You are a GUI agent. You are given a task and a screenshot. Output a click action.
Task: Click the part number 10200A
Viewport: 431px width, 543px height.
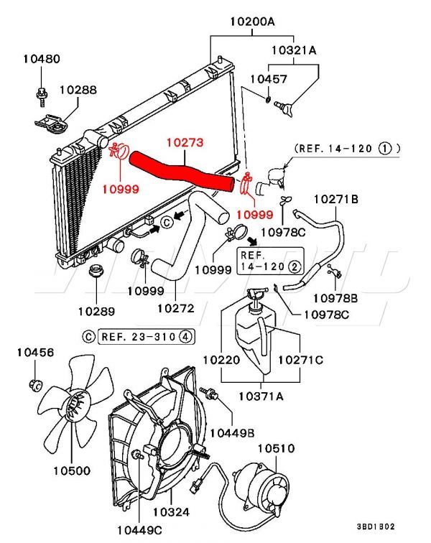pyautogui.click(x=251, y=22)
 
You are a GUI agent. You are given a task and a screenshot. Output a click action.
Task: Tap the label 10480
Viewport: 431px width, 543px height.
pyautogui.click(x=41, y=59)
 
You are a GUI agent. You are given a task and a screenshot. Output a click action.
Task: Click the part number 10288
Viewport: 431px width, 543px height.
pyautogui.click(x=78, y=90)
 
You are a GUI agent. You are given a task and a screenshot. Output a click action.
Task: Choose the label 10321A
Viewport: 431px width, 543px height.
pyautogui.click(x=294, y=50)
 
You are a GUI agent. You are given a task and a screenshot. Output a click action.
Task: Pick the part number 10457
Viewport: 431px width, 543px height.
pyautogui.click(x=268, y=78)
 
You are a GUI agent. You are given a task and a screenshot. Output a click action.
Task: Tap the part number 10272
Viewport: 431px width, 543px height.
pyautogui.click(x=176, y=307)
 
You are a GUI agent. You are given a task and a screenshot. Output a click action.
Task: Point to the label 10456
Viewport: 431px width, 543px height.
pyautogui.click(x=36, y=352)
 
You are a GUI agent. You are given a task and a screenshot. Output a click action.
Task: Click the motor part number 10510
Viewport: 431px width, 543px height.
pyautogui.click(x=276, y=448)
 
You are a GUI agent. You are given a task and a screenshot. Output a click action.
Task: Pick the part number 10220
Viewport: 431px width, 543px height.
pyautogui.click(x=221, y=359)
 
